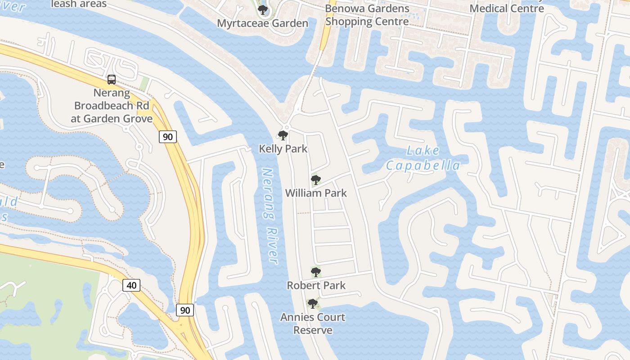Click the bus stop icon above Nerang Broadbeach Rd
point(111,80)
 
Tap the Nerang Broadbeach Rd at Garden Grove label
point(112,106)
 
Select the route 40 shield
point(131,285)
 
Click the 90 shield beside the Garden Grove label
point(167,137)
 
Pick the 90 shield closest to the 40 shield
point(185,310)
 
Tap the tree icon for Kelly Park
point(283,135)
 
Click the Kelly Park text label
point(283,148)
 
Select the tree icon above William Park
point(316,180)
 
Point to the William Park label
point(316,193)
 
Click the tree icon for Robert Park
point(316,272)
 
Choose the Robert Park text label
point(316,285)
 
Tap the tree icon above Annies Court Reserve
point(312,304)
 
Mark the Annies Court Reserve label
point(313,324)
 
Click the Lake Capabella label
point(423,158)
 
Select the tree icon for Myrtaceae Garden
point(263,9)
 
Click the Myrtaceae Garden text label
point(263,23)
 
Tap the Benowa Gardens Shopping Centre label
point(367,15)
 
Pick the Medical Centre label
point(507,8)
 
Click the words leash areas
point(79,4)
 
